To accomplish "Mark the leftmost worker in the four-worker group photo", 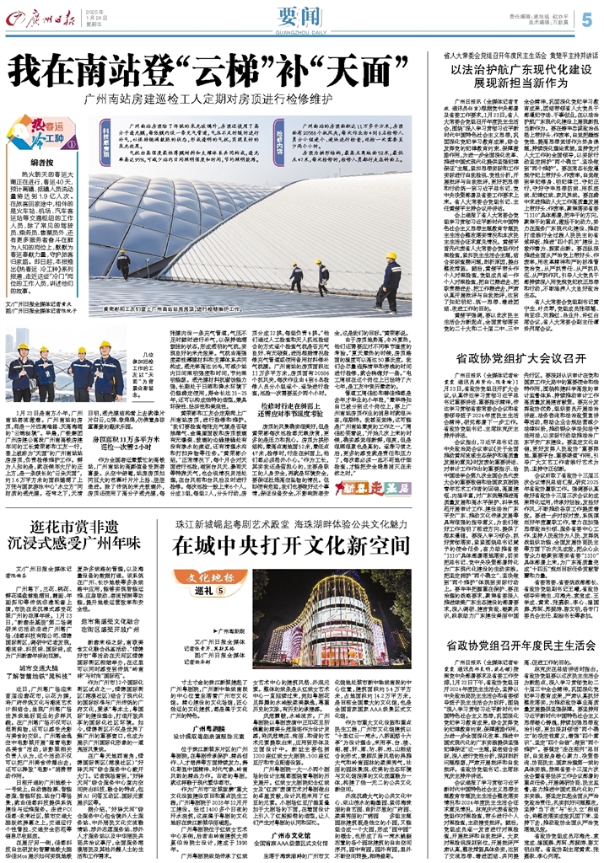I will (x=24, y=372).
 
